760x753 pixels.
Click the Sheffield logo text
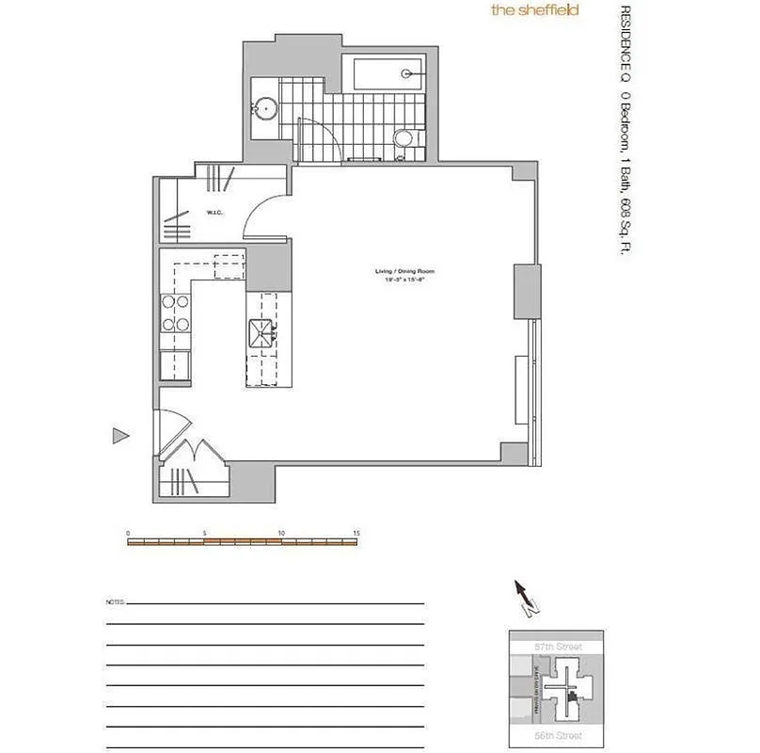pos(533,10)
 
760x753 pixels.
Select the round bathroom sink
pos(266,109)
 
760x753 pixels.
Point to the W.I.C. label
pos(214,212)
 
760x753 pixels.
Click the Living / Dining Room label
pos(404,272)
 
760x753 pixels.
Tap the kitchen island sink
pos(261,331)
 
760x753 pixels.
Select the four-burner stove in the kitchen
pos(174,313)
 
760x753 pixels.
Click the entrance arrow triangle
pos(119,435)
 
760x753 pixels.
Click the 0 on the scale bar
pos(128,533)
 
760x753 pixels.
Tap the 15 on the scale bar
pos(356,533)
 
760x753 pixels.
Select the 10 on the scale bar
pos(281,533)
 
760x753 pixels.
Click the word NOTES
pos(115,601)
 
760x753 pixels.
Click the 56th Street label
pos(558,735)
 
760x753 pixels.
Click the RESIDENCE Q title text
pos(624,42)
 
